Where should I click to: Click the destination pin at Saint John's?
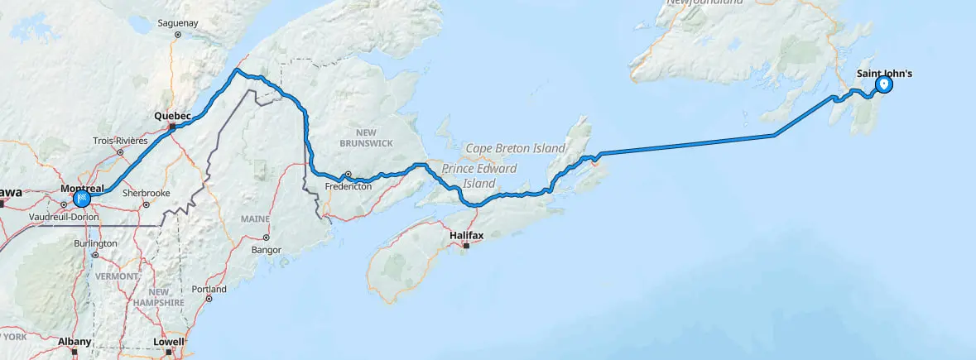884,84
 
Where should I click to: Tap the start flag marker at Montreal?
83,199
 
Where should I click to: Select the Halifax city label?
465,236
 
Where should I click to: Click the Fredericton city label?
348,186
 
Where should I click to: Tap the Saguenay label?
177,24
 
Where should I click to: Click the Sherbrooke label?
146,193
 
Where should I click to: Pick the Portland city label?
209,290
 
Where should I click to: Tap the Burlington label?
94,244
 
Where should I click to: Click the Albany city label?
74,341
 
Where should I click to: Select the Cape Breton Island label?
515,148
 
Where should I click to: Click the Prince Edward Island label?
480,175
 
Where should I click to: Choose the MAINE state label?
255,218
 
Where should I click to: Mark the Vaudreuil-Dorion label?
63,217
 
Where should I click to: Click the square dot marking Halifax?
466,246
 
